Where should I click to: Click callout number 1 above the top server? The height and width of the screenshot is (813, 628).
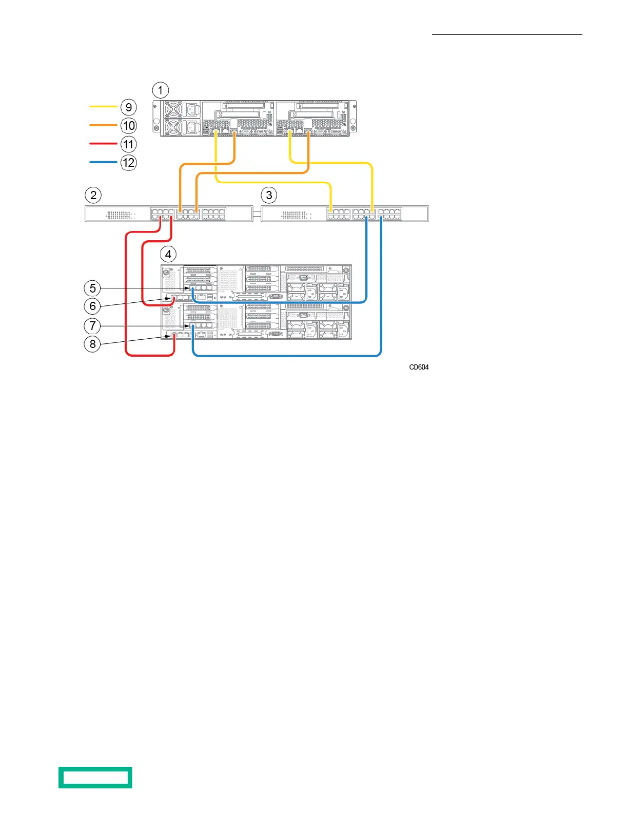click(x=161, y=90)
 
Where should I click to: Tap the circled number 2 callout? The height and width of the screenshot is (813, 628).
click(x=93, y=195)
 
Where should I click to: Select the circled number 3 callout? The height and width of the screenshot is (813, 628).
click(x=269, y=195)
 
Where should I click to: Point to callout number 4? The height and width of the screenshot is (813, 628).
click(x=168, y=254)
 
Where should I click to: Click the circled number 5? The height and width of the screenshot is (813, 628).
click(x=92, y=288)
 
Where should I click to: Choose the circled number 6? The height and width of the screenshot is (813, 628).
click(x=92, y=306)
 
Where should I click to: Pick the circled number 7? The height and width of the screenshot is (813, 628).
click(x=92, y=325)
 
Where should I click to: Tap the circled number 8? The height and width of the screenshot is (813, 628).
click(x=92, y=344)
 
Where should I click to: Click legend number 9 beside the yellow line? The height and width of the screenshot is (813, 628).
click(x=129, y=107)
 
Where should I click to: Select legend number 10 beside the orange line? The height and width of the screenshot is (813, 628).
click(x=129, y=126)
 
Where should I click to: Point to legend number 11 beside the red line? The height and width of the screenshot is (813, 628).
click(x=129, y=144)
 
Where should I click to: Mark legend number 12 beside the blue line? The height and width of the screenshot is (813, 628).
click(x=129, y=163)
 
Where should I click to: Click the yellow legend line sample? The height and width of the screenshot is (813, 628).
click(x=103, y=107)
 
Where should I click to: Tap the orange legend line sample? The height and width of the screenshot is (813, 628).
click(x=103, y=125)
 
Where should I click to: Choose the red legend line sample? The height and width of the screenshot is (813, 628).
click(x=103, y=144)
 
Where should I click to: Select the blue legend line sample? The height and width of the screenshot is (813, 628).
click(x=103, y=162)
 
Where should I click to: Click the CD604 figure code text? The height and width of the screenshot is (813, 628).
click(x=419, y=367)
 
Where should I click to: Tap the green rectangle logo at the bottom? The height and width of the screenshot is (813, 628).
click(x=95, y=777)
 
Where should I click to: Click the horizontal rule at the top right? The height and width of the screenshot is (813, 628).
click(x=507, y=35)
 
